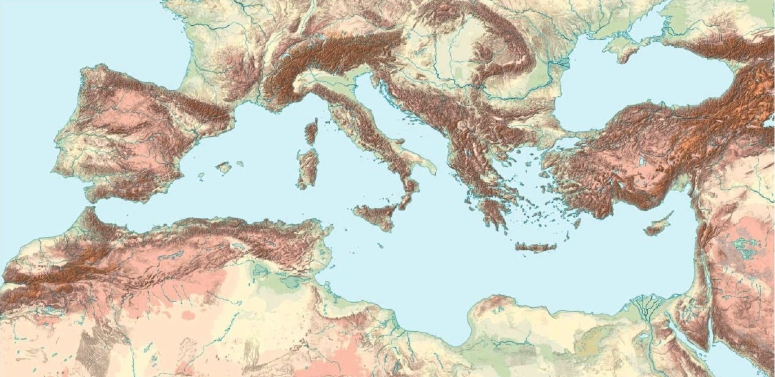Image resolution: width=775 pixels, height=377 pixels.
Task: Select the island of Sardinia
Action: tap(307, 168)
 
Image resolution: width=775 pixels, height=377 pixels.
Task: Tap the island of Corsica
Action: tap(311, 132)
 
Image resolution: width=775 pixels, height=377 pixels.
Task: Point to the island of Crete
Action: tap(535, 247)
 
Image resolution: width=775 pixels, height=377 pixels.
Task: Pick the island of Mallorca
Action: tap(223, 168)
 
